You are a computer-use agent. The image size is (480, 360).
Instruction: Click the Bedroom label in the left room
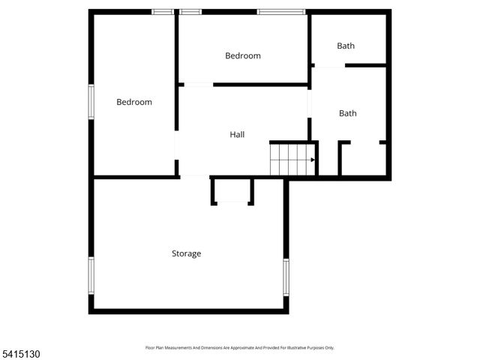click(x=134, y=102)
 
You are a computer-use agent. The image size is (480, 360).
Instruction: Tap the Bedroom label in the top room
click(x=243, y=55)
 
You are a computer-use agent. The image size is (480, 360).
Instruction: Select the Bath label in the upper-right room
click(x=346, y=46)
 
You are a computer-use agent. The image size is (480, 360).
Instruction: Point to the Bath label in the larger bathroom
click(x=347, y=113)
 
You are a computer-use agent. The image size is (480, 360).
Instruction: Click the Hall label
click(x=237, y=134)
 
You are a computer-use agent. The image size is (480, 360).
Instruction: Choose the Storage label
click(x=186, y=253)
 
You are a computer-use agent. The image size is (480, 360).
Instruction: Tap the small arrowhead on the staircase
click(x=313, y=159)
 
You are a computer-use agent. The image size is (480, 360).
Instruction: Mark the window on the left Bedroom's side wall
click(x=91, y=101)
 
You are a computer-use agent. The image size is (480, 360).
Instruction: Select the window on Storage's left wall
click(x=91, y=276)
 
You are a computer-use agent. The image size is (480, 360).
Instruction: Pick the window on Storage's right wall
click(x=286, y=275)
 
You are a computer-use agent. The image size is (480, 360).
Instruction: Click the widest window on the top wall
click(x=281, y=12)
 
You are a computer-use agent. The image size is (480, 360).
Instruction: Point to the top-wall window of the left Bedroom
click(x=163, y=12)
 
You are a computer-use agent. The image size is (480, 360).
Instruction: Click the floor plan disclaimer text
click(x=239, y=347)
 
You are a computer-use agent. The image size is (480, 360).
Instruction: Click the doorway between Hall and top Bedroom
click(x=195, y=85)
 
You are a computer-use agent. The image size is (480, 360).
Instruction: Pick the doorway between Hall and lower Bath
click(x=309, y=105)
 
